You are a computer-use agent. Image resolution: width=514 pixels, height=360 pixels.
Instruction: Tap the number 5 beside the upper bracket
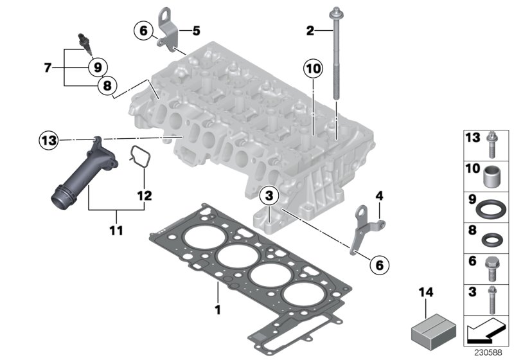coord(197,30)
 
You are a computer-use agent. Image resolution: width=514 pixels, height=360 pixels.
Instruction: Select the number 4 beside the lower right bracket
coord(379,194)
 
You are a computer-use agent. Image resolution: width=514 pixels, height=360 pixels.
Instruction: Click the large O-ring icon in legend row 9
coord(492,210)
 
